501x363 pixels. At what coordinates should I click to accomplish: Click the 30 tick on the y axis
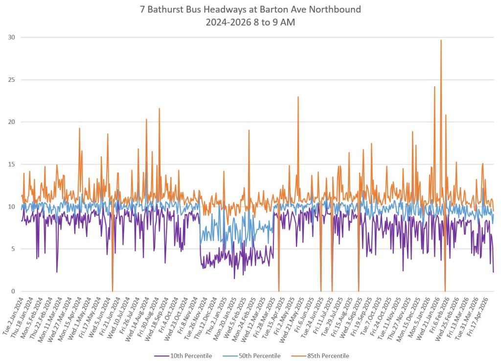pyautogui.click(x=12, y=37)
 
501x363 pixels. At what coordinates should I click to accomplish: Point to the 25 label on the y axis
pyautogui.click(x=12, y=80)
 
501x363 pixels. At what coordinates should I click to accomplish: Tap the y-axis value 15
pyautogui.click(x=12, y=165)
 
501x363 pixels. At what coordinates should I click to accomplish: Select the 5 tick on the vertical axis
pyautogui.click(x=13, y=249)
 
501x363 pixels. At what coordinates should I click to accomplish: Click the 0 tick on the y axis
pyautogui.click(x=13, y=291)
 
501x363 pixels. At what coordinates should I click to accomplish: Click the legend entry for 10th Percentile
pyautogui.click(x=183, y=356)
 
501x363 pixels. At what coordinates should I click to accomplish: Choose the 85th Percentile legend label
pyautogui.click(x=320, y=356)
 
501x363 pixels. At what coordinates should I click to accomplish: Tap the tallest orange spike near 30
pyautogui.click(x=441, y=40)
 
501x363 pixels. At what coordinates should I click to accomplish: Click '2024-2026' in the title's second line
pyautogui.click(x=228, y=23)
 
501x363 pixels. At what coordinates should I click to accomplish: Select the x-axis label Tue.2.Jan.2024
pyautogui.click(x=14, y=315)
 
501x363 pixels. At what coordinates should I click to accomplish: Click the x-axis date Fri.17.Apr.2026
pyautogui.click(x=478, y=315)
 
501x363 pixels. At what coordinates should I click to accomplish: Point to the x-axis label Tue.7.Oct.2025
pyautogui.click(x=371, y=315)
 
